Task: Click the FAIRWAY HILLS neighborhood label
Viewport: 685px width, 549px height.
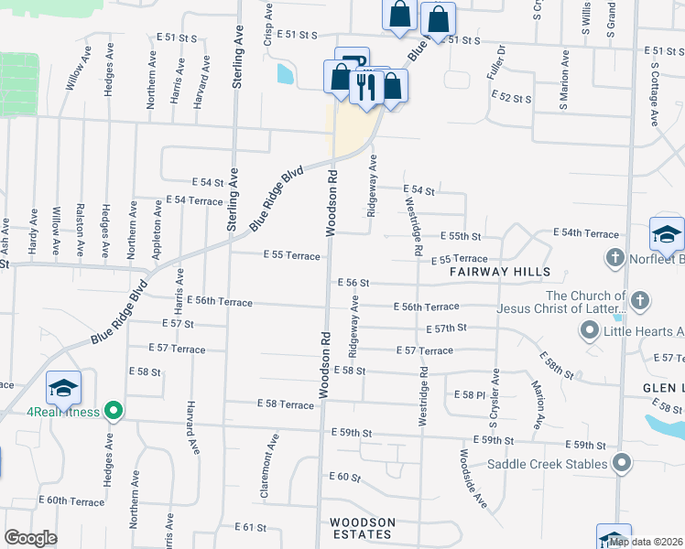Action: coord(499,273)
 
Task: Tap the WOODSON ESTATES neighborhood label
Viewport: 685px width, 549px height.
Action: coord(362,529)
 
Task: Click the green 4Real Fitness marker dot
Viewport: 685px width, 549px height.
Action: coord(114,411)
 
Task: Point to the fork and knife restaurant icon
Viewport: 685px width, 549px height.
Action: coord(364,87)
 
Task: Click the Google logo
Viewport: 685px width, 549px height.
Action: coord(30,538)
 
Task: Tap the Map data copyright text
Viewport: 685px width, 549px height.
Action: coord(647,542)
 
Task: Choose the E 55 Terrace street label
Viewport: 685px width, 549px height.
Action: coord(291,255)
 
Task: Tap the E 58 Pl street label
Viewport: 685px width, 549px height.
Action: coord(469,394)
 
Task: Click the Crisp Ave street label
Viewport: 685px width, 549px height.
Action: coord(268,24)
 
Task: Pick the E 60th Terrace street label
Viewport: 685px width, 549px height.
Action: coord(71,501)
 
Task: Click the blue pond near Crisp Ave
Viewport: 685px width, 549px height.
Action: coord(286,73)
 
